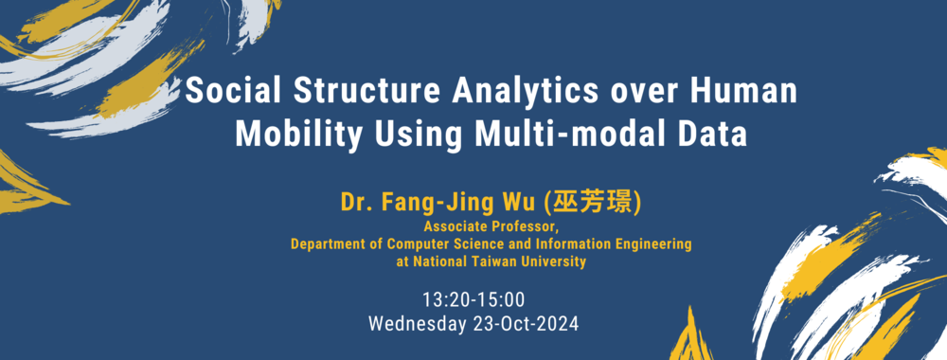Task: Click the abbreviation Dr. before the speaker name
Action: point(357,203)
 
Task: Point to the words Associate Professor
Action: point(493,227)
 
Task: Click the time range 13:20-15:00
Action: point(473,299)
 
